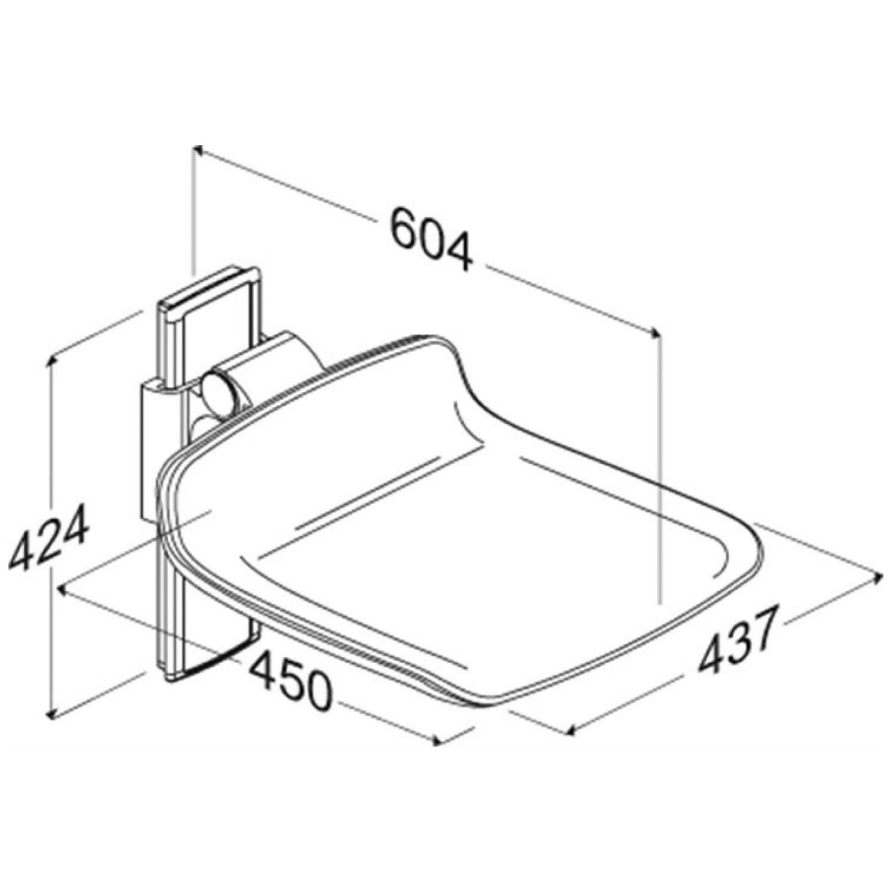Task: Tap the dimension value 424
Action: pos(49,537)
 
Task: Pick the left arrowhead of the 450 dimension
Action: pos(64,590)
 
